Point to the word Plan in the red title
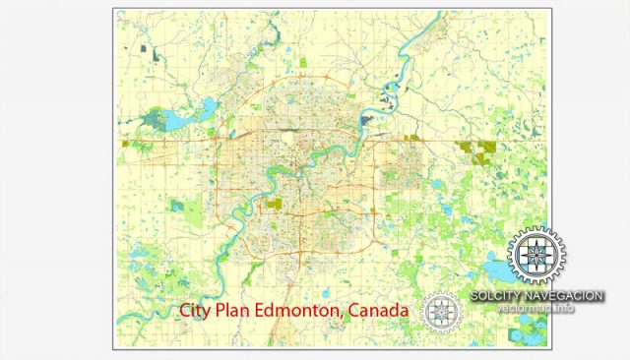pyautogui.click(x=233, y=311)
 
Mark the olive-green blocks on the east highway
pyautogui.click(x=479, y=148)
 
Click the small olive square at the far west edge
pyautogui.click(x=125, y=144)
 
